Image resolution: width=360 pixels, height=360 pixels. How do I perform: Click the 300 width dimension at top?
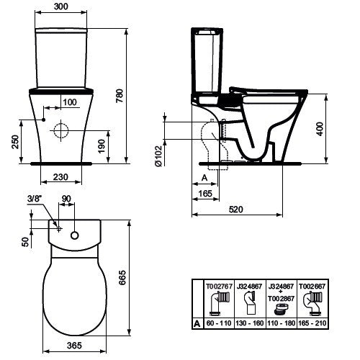click(61, 6)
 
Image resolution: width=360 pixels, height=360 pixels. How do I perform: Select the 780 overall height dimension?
click(120, 96)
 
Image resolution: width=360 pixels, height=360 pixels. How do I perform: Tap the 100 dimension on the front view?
click(70, 102)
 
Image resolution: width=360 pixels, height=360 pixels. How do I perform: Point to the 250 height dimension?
click(15, 142)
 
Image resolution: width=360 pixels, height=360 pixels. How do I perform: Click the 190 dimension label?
click(102, 146)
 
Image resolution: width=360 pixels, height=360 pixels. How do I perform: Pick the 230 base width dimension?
click(60, 177)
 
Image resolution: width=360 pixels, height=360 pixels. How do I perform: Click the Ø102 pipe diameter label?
click(158, 156)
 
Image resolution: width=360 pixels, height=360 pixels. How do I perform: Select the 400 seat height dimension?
click(320, 129)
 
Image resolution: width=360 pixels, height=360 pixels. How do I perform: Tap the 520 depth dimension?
click(236, 210)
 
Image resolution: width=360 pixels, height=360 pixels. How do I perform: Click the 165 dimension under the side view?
click(205, 194)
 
